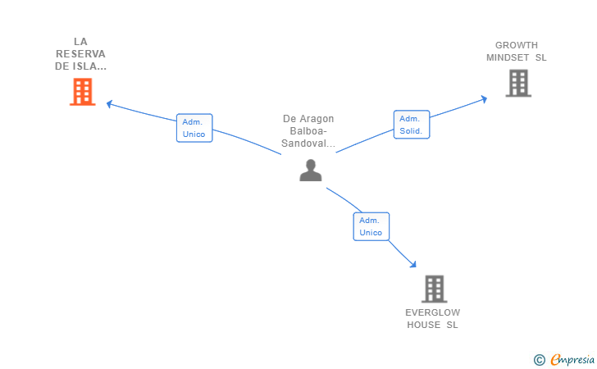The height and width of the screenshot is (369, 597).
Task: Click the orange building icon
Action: tap(82, 92)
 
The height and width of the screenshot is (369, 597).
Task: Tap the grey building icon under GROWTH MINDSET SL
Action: tap(518, 83)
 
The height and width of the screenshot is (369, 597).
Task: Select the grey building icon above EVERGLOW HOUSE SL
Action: tap(434, 289)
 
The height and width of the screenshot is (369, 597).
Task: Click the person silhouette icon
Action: tap(311, 171)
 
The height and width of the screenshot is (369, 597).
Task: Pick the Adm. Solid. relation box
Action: tap(412, 125)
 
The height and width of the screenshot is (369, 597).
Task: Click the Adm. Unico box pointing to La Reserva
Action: tap(194, 128)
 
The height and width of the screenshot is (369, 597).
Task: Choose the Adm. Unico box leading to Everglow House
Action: tap(371, 226)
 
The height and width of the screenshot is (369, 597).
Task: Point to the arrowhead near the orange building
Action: tap(109, 103)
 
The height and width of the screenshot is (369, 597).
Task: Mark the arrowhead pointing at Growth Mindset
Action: tap(484, 99)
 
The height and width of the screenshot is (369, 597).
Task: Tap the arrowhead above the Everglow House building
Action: tap(413, 264)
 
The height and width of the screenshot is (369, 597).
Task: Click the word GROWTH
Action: tap(517, 45)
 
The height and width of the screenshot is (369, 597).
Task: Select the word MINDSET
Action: tap(508, 57)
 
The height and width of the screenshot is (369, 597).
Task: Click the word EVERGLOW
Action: tap(432, 312)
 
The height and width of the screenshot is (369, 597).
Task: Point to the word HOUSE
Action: tap(423, 325)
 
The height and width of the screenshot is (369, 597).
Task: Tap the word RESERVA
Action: tap(80, 53)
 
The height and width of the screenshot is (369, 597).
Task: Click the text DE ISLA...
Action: tap(80, 66)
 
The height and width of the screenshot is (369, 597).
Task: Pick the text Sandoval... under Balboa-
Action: tap(308, 143)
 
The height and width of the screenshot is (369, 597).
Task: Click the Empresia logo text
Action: tap(572, 359)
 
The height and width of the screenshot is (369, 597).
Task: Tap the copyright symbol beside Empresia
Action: tap(540, 360)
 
